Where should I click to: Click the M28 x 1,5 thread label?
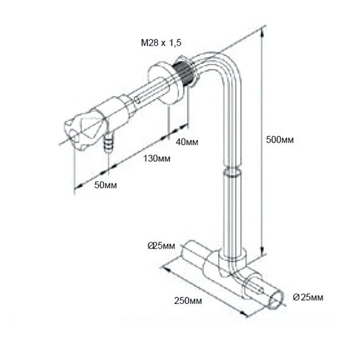pyautogui.click(x=161, y=43)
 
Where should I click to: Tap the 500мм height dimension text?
pyautogui.click(x=280, y=139)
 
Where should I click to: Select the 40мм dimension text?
pyautogui.click(x=187, y=142)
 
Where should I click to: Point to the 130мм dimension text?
pyautogui.click(x=157, y=158)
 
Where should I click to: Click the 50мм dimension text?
pyautogui.click(x=105, y=185)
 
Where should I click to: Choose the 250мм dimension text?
pyautogui.click(x=188, y=300)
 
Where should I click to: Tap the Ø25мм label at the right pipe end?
pyautogui.click(x=308, y=297)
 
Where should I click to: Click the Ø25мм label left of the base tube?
pyautogui.click(x=161, y=245)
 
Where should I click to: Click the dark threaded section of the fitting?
pyautogui.click(x=182, y=71)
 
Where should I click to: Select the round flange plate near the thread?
pyautogui.click(x=164, y=85)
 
